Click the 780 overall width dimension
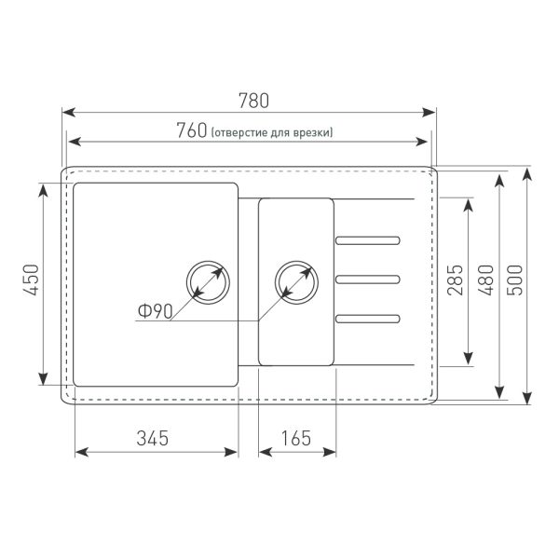pos(253,101)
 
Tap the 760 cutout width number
pos(192,130)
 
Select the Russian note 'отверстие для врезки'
pos(272,132)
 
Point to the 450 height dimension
pos(31,279)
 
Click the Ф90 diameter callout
pos(156,311)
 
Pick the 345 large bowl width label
pos(152,438)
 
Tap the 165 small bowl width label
pos(296,438)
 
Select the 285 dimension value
pos(455,279)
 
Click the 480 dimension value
pos(485,279)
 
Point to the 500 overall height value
pos(515,279)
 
